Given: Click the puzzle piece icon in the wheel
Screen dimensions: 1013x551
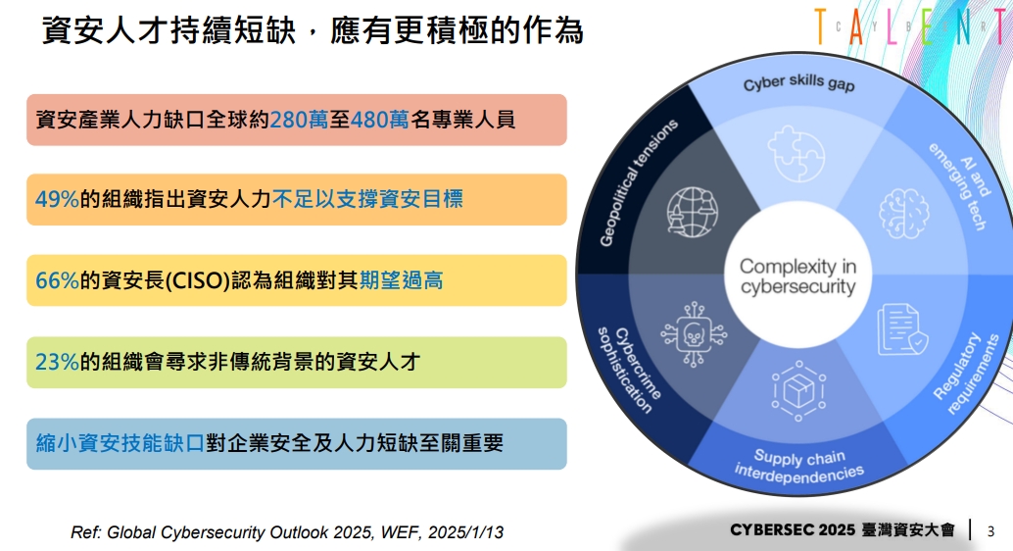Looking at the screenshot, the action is [x=796, y=154].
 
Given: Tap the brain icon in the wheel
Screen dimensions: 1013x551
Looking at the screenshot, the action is [x=904, y=213].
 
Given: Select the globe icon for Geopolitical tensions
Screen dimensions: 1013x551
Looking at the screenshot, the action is [x=693, y=212].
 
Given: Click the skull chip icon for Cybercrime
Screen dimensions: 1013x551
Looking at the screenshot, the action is [x=694, y=334].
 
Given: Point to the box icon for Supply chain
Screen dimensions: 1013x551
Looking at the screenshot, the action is [x=798, y=391].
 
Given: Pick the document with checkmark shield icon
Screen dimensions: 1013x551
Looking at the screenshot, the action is [x=902, y=329].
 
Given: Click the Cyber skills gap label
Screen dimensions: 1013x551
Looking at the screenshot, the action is [x=798, y=83].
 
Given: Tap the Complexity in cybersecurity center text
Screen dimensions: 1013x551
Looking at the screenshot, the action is [x=797, y=276].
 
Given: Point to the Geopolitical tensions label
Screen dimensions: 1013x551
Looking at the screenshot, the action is [x=639, y=182].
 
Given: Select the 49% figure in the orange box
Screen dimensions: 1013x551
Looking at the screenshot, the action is [x=57, y=199].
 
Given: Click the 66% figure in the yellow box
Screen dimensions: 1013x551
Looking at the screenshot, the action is [x=57, y=280].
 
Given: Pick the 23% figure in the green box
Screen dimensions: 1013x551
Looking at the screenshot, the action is [x=57, y=362].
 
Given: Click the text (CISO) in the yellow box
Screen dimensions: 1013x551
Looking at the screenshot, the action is [x=198, y=280].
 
